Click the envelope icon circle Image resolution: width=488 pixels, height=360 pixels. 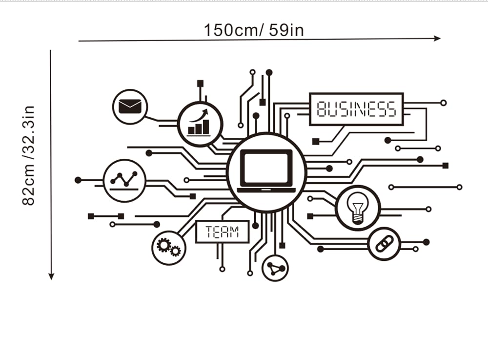pyautogui.click(x=129, y=106)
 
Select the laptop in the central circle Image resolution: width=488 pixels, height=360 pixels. pyautogui.click(x=266, y=171)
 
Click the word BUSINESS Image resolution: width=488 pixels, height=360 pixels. pyautogui.click(x=356, y=109)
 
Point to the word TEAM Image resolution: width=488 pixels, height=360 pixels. pyautogui.click(x=223, y=232)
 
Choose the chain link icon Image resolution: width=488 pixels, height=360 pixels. pyautogui.click(x=384, y=243)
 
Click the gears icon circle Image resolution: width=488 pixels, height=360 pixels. pyautogui.click(x=168, y=247)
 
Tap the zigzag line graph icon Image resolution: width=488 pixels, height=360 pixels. pyautogui.click(x=123, y=180)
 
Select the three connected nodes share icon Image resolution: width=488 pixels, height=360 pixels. pyautogui.click(x=275, y=268)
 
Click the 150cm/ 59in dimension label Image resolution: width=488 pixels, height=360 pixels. pyautogui.click(x=254, y=30)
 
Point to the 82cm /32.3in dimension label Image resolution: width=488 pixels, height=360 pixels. pyautogui.click(x=29, y=155)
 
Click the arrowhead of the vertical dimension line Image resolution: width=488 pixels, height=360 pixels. pyautogui.click(x=51, y=276)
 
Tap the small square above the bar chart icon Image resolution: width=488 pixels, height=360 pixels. pyautogui.click(x=200, y=84)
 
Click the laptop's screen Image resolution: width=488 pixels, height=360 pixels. pyautogui.click(x=266, y=168)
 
